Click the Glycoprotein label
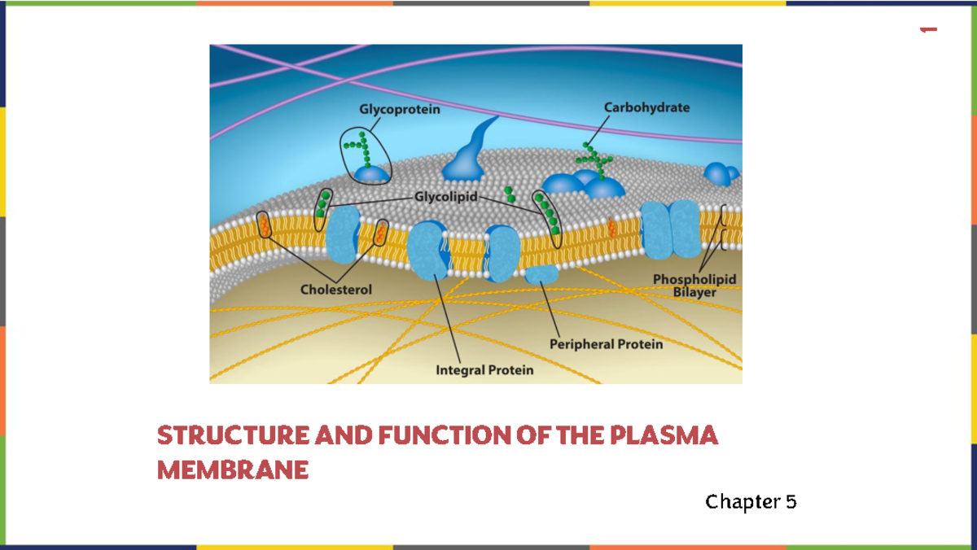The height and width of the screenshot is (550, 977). (x=399, y=110)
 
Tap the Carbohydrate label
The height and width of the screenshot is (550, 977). (x=646, y=107)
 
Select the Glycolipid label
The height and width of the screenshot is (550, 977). (x=446, y=197)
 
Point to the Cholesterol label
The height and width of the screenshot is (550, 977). (x=336, y=289)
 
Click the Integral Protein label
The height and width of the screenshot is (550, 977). (x=484, y=370)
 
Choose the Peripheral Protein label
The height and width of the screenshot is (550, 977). (x=606, y=344)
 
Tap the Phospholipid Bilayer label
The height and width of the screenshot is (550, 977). (x=694, y=285)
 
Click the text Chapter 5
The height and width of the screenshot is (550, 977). (x=751, y=501)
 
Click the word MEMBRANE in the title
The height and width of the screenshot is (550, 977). (x=233, y=470)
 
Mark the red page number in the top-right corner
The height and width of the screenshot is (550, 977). (x=927, y=30)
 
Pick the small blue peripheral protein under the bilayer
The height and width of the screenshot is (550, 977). (x=540, y=274)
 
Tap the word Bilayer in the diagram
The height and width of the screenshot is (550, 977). (x=694, y=291)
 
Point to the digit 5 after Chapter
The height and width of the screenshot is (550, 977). (x=791, y=501)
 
